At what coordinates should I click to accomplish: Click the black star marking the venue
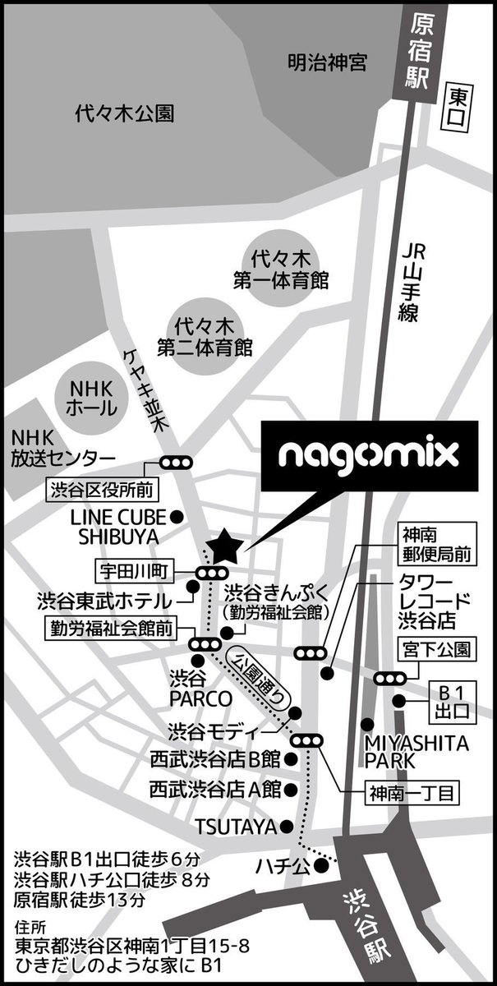[224, 545]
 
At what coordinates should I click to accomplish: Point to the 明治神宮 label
[327, 62]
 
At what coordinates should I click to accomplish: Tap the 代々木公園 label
[124, 113]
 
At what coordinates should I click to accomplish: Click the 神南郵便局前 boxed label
[438, 545]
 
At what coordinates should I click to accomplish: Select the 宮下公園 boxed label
[438, 649]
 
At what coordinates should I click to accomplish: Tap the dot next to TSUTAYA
[286, 825]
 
